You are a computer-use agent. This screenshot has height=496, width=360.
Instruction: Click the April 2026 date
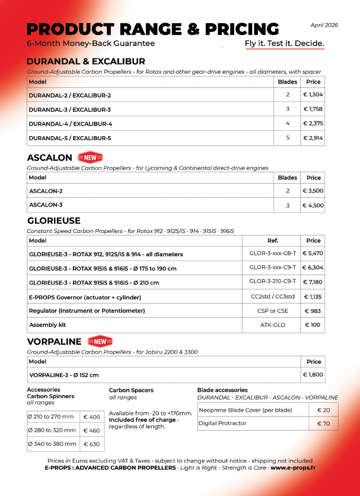pos(324,25)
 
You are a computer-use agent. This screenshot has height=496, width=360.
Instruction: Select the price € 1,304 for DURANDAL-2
pos(313,95)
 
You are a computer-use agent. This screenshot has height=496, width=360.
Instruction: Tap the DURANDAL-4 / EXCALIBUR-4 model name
pos(71,124)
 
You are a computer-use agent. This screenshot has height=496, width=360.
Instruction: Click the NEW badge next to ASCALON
pos(91,157)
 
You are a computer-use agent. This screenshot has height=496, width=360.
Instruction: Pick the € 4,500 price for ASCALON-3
pos(313,206)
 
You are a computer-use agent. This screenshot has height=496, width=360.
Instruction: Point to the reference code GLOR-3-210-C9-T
pos(273,281)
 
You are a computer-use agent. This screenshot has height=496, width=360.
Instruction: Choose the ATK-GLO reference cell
pos(273,325)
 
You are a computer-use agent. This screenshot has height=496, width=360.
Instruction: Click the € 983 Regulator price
pos(313,311)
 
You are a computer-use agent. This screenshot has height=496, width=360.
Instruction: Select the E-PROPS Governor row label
pos(85,297)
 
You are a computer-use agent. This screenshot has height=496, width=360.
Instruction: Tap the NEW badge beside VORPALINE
pos(99,342)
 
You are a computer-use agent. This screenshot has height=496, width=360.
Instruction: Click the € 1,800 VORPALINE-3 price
pos(313,375)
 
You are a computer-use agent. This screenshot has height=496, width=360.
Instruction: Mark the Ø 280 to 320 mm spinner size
pos(51,431)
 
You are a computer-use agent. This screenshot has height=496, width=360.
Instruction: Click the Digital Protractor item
pos(222,423)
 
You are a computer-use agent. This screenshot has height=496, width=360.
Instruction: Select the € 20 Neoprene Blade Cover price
pos(323,410)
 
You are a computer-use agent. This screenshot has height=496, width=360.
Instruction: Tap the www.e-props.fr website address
pos(293,468)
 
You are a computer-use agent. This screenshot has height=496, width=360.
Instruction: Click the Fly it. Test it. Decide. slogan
pos(285,43)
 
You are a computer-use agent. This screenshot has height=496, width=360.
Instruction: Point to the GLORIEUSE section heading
pos(53,221)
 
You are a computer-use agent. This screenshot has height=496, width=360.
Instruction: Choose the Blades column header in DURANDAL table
pos(287,82)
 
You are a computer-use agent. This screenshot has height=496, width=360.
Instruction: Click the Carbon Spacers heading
pos(131,390)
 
